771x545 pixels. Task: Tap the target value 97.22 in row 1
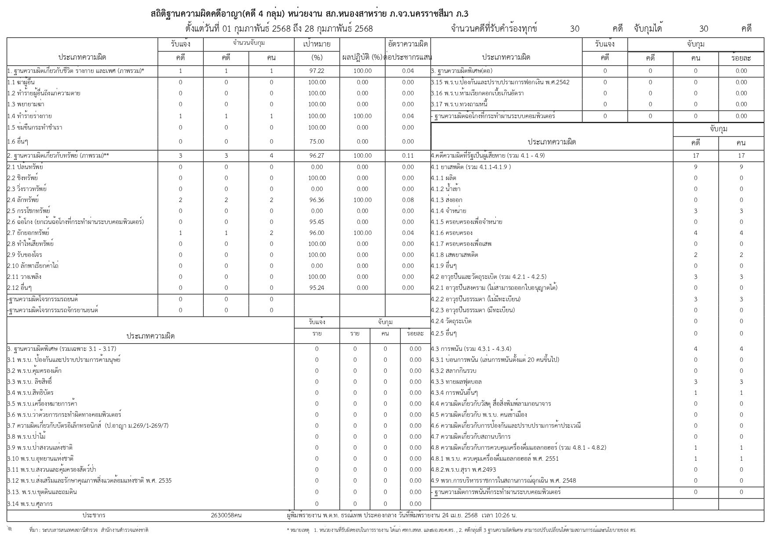coord(316,71)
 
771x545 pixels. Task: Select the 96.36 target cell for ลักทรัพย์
coord(316,200)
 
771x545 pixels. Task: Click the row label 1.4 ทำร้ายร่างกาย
coord(29,116)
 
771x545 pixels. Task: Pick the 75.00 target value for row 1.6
coord(316,141)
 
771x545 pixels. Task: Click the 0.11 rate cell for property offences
coord(407,155)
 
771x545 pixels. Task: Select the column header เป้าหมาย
coord(316,44)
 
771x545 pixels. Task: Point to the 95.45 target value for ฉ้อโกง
coord(316,222)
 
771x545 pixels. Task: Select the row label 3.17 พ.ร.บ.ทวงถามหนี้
coord(459,104)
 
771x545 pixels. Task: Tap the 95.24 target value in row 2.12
coord(316,288)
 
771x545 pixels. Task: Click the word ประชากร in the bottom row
coord(94,515)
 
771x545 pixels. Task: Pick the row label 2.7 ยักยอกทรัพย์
coord(28,233)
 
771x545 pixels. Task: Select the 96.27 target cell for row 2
coord(316,155)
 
